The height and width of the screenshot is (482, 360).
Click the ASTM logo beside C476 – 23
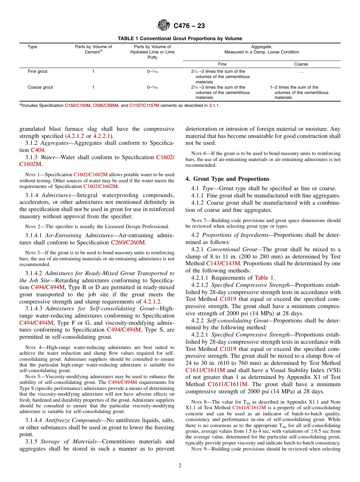coord(164,26)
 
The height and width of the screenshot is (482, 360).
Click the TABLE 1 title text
coord(180,39)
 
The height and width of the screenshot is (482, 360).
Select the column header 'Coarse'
coord(301,64)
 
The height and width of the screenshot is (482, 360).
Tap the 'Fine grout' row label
coord(38,71)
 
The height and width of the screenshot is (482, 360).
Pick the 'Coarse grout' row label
coord(40,87)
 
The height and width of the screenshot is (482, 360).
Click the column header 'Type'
coord(32,47)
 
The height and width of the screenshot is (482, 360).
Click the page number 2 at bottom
coord(180,466)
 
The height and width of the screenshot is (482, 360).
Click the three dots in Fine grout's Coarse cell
coord(301,72)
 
